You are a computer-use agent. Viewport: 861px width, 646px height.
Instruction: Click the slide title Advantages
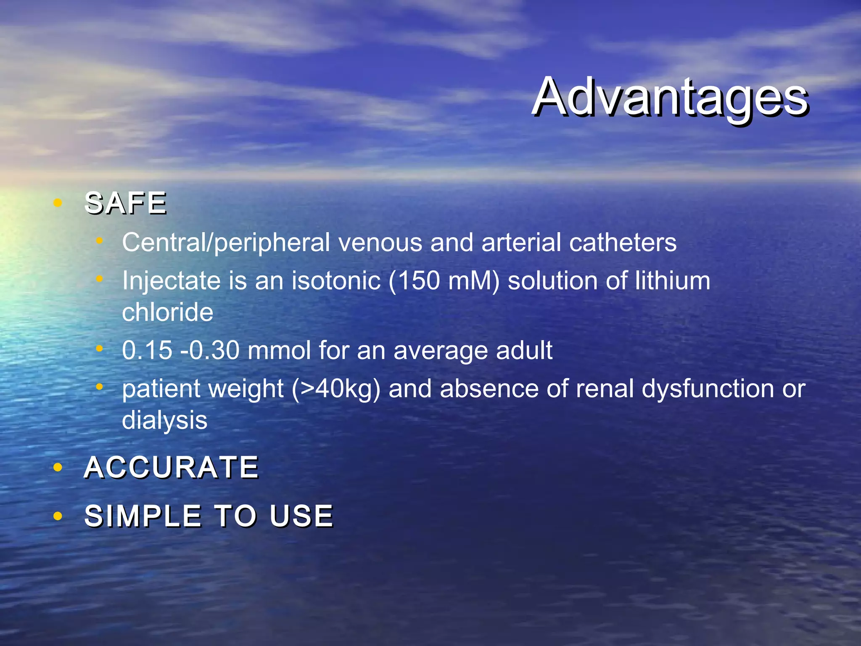[x=670, y=98]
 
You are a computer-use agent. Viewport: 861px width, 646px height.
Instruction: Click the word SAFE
[x=126, y=203]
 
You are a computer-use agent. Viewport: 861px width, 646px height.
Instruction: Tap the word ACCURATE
[x=171, y=467]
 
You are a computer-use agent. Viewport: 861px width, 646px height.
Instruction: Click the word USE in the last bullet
[x=301, y=516]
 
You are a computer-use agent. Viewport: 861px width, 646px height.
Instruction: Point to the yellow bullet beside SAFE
[x=58, y=204]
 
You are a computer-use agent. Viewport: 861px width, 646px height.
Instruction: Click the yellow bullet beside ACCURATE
[x=58, y=467]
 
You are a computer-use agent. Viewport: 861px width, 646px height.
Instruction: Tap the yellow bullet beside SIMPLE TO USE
[x=58, y=516]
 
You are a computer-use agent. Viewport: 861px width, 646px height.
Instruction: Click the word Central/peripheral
[x=226, y=243]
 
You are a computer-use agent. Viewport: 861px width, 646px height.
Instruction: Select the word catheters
[x=623, y=243]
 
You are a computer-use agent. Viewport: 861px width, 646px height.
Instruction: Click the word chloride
[x=167, y=312]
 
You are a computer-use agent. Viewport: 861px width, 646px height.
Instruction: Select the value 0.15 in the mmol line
[x=147, y=350]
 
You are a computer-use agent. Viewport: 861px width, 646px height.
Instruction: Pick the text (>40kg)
[x=336, y=389]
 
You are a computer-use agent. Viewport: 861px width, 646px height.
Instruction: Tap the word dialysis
[x=164, y=420]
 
